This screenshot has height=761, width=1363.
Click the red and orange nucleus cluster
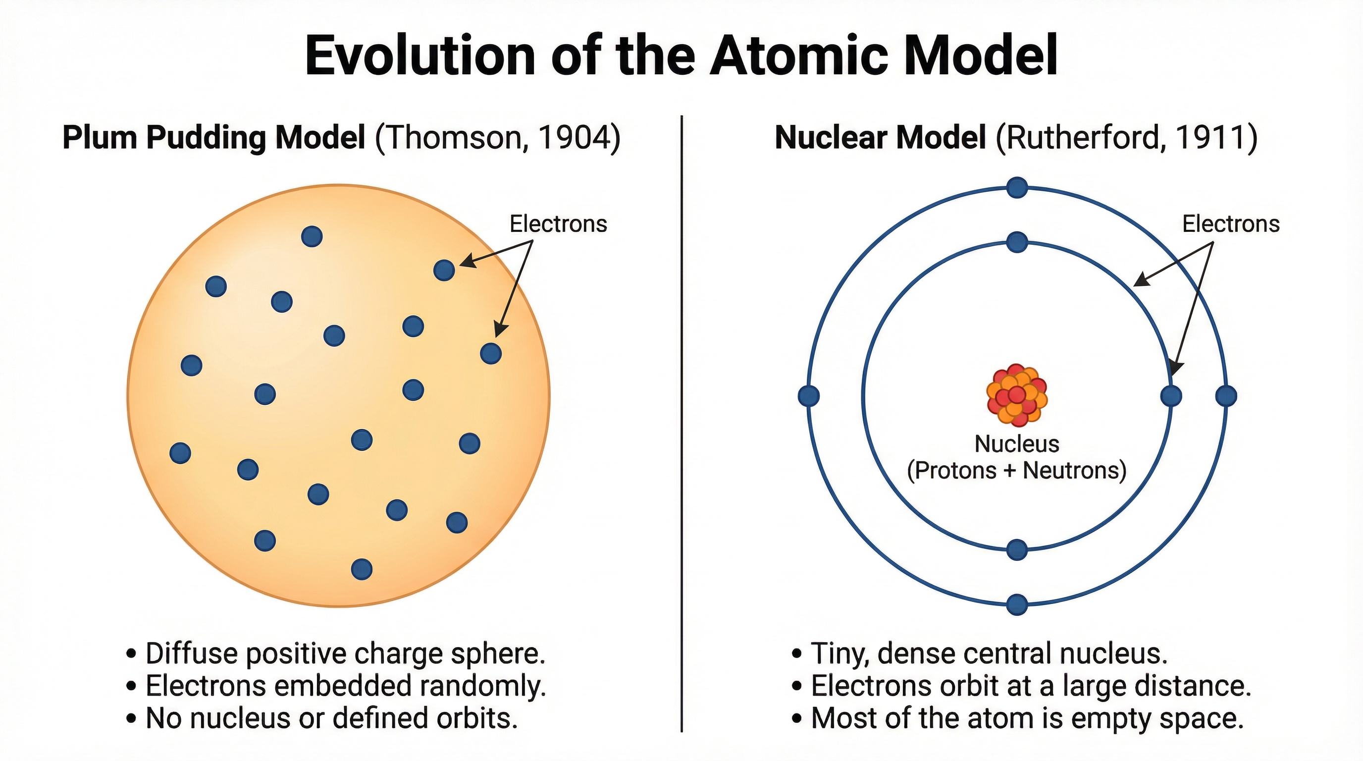1016,395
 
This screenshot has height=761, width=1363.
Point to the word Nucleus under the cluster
1016,443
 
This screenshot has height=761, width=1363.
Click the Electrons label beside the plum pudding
558,224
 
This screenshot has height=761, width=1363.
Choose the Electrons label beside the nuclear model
1231,224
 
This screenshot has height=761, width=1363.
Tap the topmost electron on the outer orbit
1017,187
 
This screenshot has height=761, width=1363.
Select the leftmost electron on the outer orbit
808,396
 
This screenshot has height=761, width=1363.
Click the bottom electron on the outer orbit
1017,604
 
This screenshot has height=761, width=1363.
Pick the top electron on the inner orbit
1017,242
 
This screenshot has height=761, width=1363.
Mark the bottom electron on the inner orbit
1017,550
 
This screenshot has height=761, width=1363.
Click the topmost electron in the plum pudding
312,236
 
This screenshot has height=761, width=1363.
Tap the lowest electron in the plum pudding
362,569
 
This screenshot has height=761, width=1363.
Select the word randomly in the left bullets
482,686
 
